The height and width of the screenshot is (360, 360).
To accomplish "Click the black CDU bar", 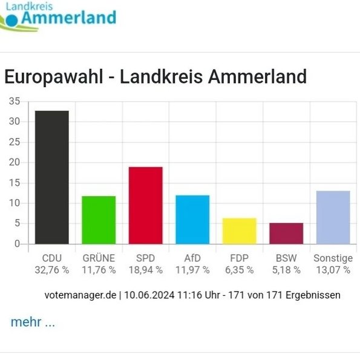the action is tap(52, 177).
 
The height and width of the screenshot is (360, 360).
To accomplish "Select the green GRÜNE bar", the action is tap(99, 220).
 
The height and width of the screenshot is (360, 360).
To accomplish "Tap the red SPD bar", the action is tap(146, 206).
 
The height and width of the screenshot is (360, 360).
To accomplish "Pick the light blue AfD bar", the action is tap(192, 220).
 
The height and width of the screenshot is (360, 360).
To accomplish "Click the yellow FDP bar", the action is tap(240, 231).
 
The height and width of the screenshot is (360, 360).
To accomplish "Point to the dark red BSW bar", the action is tap(286, 234).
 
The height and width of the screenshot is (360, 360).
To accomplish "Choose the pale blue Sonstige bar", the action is tap(333, 217).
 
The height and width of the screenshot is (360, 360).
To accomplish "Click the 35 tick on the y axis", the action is tap(15, 101).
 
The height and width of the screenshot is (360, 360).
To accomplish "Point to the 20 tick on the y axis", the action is tap(15, 162).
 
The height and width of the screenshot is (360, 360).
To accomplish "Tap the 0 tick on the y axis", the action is tap(17, 244).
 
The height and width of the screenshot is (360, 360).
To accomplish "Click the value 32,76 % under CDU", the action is tap(52, 270).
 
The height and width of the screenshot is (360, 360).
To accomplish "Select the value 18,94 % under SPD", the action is tap(146, 270).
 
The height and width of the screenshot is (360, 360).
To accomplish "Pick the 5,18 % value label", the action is tap(286, 270).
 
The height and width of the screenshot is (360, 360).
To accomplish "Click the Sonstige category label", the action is tap(333, 258).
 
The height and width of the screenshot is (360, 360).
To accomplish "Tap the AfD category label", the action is tap(192, 258).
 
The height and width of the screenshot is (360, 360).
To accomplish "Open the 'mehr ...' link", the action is tap(33, 322).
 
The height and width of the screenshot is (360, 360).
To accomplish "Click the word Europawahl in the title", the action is tap(54, 77).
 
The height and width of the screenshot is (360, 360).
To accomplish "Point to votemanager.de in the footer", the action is tap(80, 295).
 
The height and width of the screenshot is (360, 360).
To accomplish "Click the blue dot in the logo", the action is tap(11, 21).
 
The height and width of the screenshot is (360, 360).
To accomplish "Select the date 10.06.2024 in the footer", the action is tap(149, 295).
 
